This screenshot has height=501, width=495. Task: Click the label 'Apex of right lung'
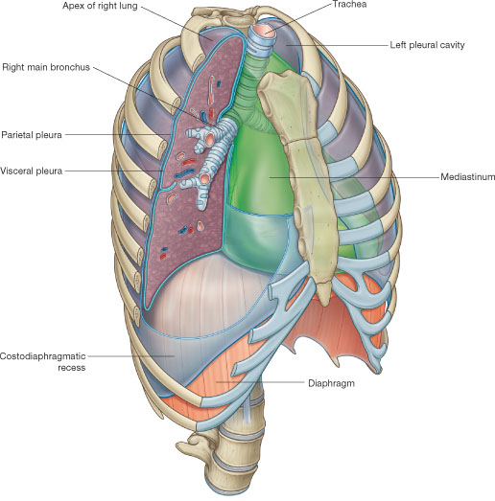coord(100,6)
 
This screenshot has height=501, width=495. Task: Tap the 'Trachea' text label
coord(349,5)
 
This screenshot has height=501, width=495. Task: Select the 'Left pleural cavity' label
coord(427,45)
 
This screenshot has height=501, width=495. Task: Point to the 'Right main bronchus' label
coord(46,67)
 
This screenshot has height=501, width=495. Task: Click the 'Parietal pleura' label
coord(32,135)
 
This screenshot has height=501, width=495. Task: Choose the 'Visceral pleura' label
coord(31,171)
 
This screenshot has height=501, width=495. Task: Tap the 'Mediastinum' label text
coord(467,176)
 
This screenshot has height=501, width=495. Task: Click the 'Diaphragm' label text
coord(331,383)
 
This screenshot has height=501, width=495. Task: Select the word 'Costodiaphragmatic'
coord(42,356)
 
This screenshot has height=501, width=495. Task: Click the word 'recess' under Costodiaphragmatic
coord(71,368)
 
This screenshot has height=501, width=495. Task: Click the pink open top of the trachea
coord(266,31)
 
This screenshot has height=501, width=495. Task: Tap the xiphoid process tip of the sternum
coord(325,302)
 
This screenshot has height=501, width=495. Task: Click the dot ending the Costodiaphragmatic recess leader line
coord(174,355)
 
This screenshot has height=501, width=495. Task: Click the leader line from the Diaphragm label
coord(260,382)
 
